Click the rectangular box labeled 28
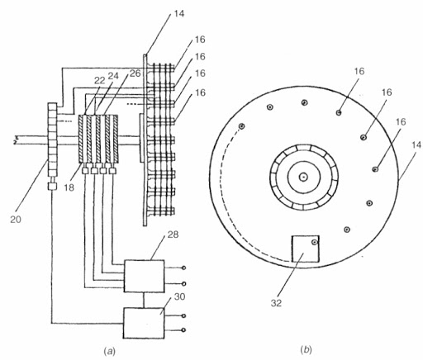(x=145, y=276)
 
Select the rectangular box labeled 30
(x=144, y=323)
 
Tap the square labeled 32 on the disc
(x=306, y=249)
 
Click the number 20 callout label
(x=16, y=220)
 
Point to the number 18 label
(x=69, y=187)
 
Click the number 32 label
(x=276, y=303)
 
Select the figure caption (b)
(x=307, y=350)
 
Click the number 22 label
(x=100, y=80)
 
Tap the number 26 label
(x=135, y=73)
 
